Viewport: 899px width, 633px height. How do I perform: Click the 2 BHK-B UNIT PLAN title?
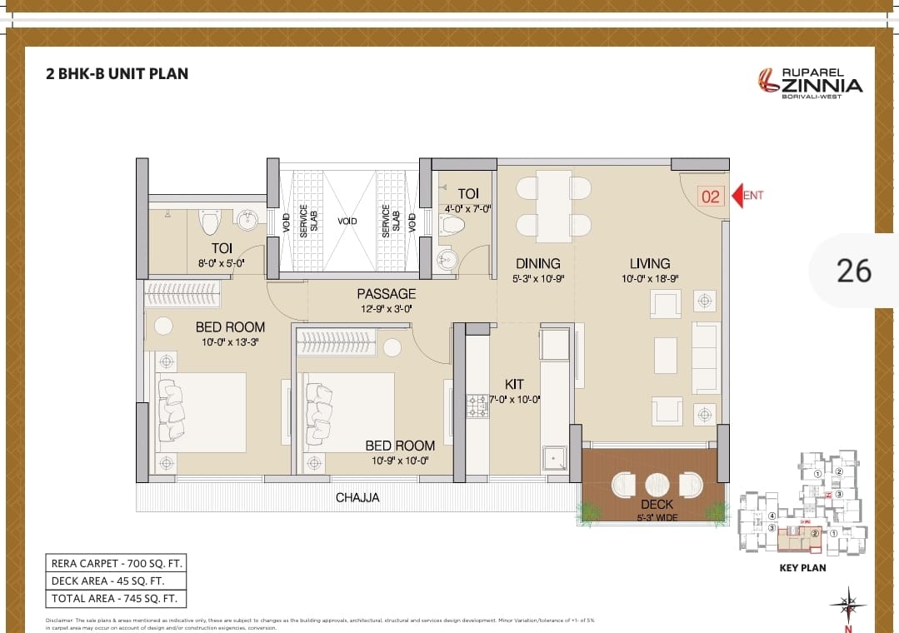[x=117, y=73]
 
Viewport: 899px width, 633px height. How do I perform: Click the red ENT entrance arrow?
[x=737, y=197]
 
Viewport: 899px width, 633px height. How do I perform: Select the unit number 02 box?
[x=710, y=197]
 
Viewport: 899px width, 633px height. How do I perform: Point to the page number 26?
[x=853, y=271]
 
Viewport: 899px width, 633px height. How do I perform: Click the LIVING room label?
[x=650, y=263]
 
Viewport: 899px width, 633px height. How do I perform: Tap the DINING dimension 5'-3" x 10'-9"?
[x=538, y=279]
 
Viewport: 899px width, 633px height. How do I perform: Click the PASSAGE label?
[x=386, y=293]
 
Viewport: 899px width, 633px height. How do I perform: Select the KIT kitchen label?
[x=514, y=384]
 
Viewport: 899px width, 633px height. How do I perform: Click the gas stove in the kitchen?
[x=477, y=406]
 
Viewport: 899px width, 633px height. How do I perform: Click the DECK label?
[x=657, y=505]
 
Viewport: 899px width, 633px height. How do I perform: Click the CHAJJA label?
[x=357, y=497]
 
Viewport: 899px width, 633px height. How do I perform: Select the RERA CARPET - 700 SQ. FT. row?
[x=115, y=563]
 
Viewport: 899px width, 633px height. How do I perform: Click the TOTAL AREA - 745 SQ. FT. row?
[x=115, y=598]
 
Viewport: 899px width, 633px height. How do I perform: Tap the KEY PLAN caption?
[x=802, y=567]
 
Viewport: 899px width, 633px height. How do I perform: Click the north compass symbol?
[x=847, y=604]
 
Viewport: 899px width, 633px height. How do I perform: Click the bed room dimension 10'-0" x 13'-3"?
[x=230, y=342]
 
